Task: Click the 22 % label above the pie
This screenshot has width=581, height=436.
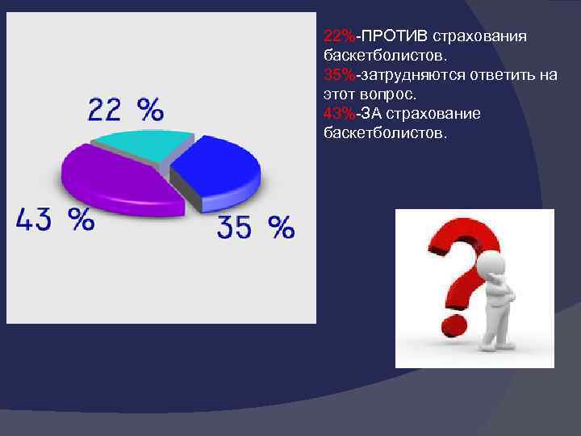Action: pyautogui.click(x=125, y=108)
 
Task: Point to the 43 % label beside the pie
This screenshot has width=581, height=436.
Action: pyautogui.click(x=55, y=218)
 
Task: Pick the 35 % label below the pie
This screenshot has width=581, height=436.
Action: pyautogui.click(x=255, y=228)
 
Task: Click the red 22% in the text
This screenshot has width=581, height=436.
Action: pyautogui.click(x=339, y=37)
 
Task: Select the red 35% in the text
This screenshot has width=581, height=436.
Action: pyautogui.click(x=339, y=75)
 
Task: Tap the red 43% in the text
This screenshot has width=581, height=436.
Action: pyautogui.click(x=339, y=113)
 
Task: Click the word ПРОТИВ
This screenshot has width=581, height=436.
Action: pyautogui.click(x=395, y=37)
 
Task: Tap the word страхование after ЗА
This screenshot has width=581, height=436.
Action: pyautogui.click(x=441, y=113)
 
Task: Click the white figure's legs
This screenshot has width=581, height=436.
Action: pyautogui.click(x=494, y=331)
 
